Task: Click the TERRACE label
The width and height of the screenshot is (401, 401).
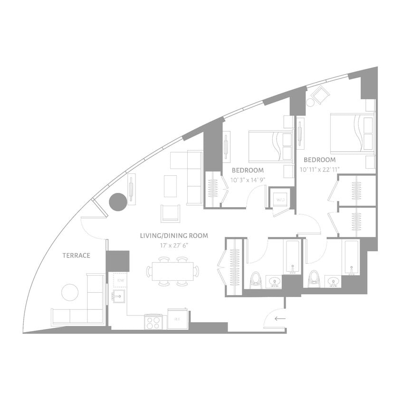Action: point(76,256)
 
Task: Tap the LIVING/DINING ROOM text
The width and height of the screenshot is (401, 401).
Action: point(173,236)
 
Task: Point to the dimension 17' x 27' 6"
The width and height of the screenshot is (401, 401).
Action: point(173,246)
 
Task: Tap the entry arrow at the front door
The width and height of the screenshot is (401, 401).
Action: point(280,318)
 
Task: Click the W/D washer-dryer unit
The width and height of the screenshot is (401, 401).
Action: point(280,200)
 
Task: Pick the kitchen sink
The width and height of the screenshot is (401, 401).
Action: point(118,298)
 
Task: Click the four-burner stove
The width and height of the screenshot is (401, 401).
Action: point(154,323)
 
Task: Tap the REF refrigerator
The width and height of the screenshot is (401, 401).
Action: point(177,319)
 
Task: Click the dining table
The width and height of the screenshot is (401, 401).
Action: point(172,271)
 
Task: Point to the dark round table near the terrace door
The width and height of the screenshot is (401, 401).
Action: point(118,202)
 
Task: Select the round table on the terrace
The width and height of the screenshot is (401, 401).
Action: point(70,292)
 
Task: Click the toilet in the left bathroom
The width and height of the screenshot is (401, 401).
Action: point(255,280)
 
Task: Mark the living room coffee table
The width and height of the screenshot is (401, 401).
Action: point(170,186)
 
